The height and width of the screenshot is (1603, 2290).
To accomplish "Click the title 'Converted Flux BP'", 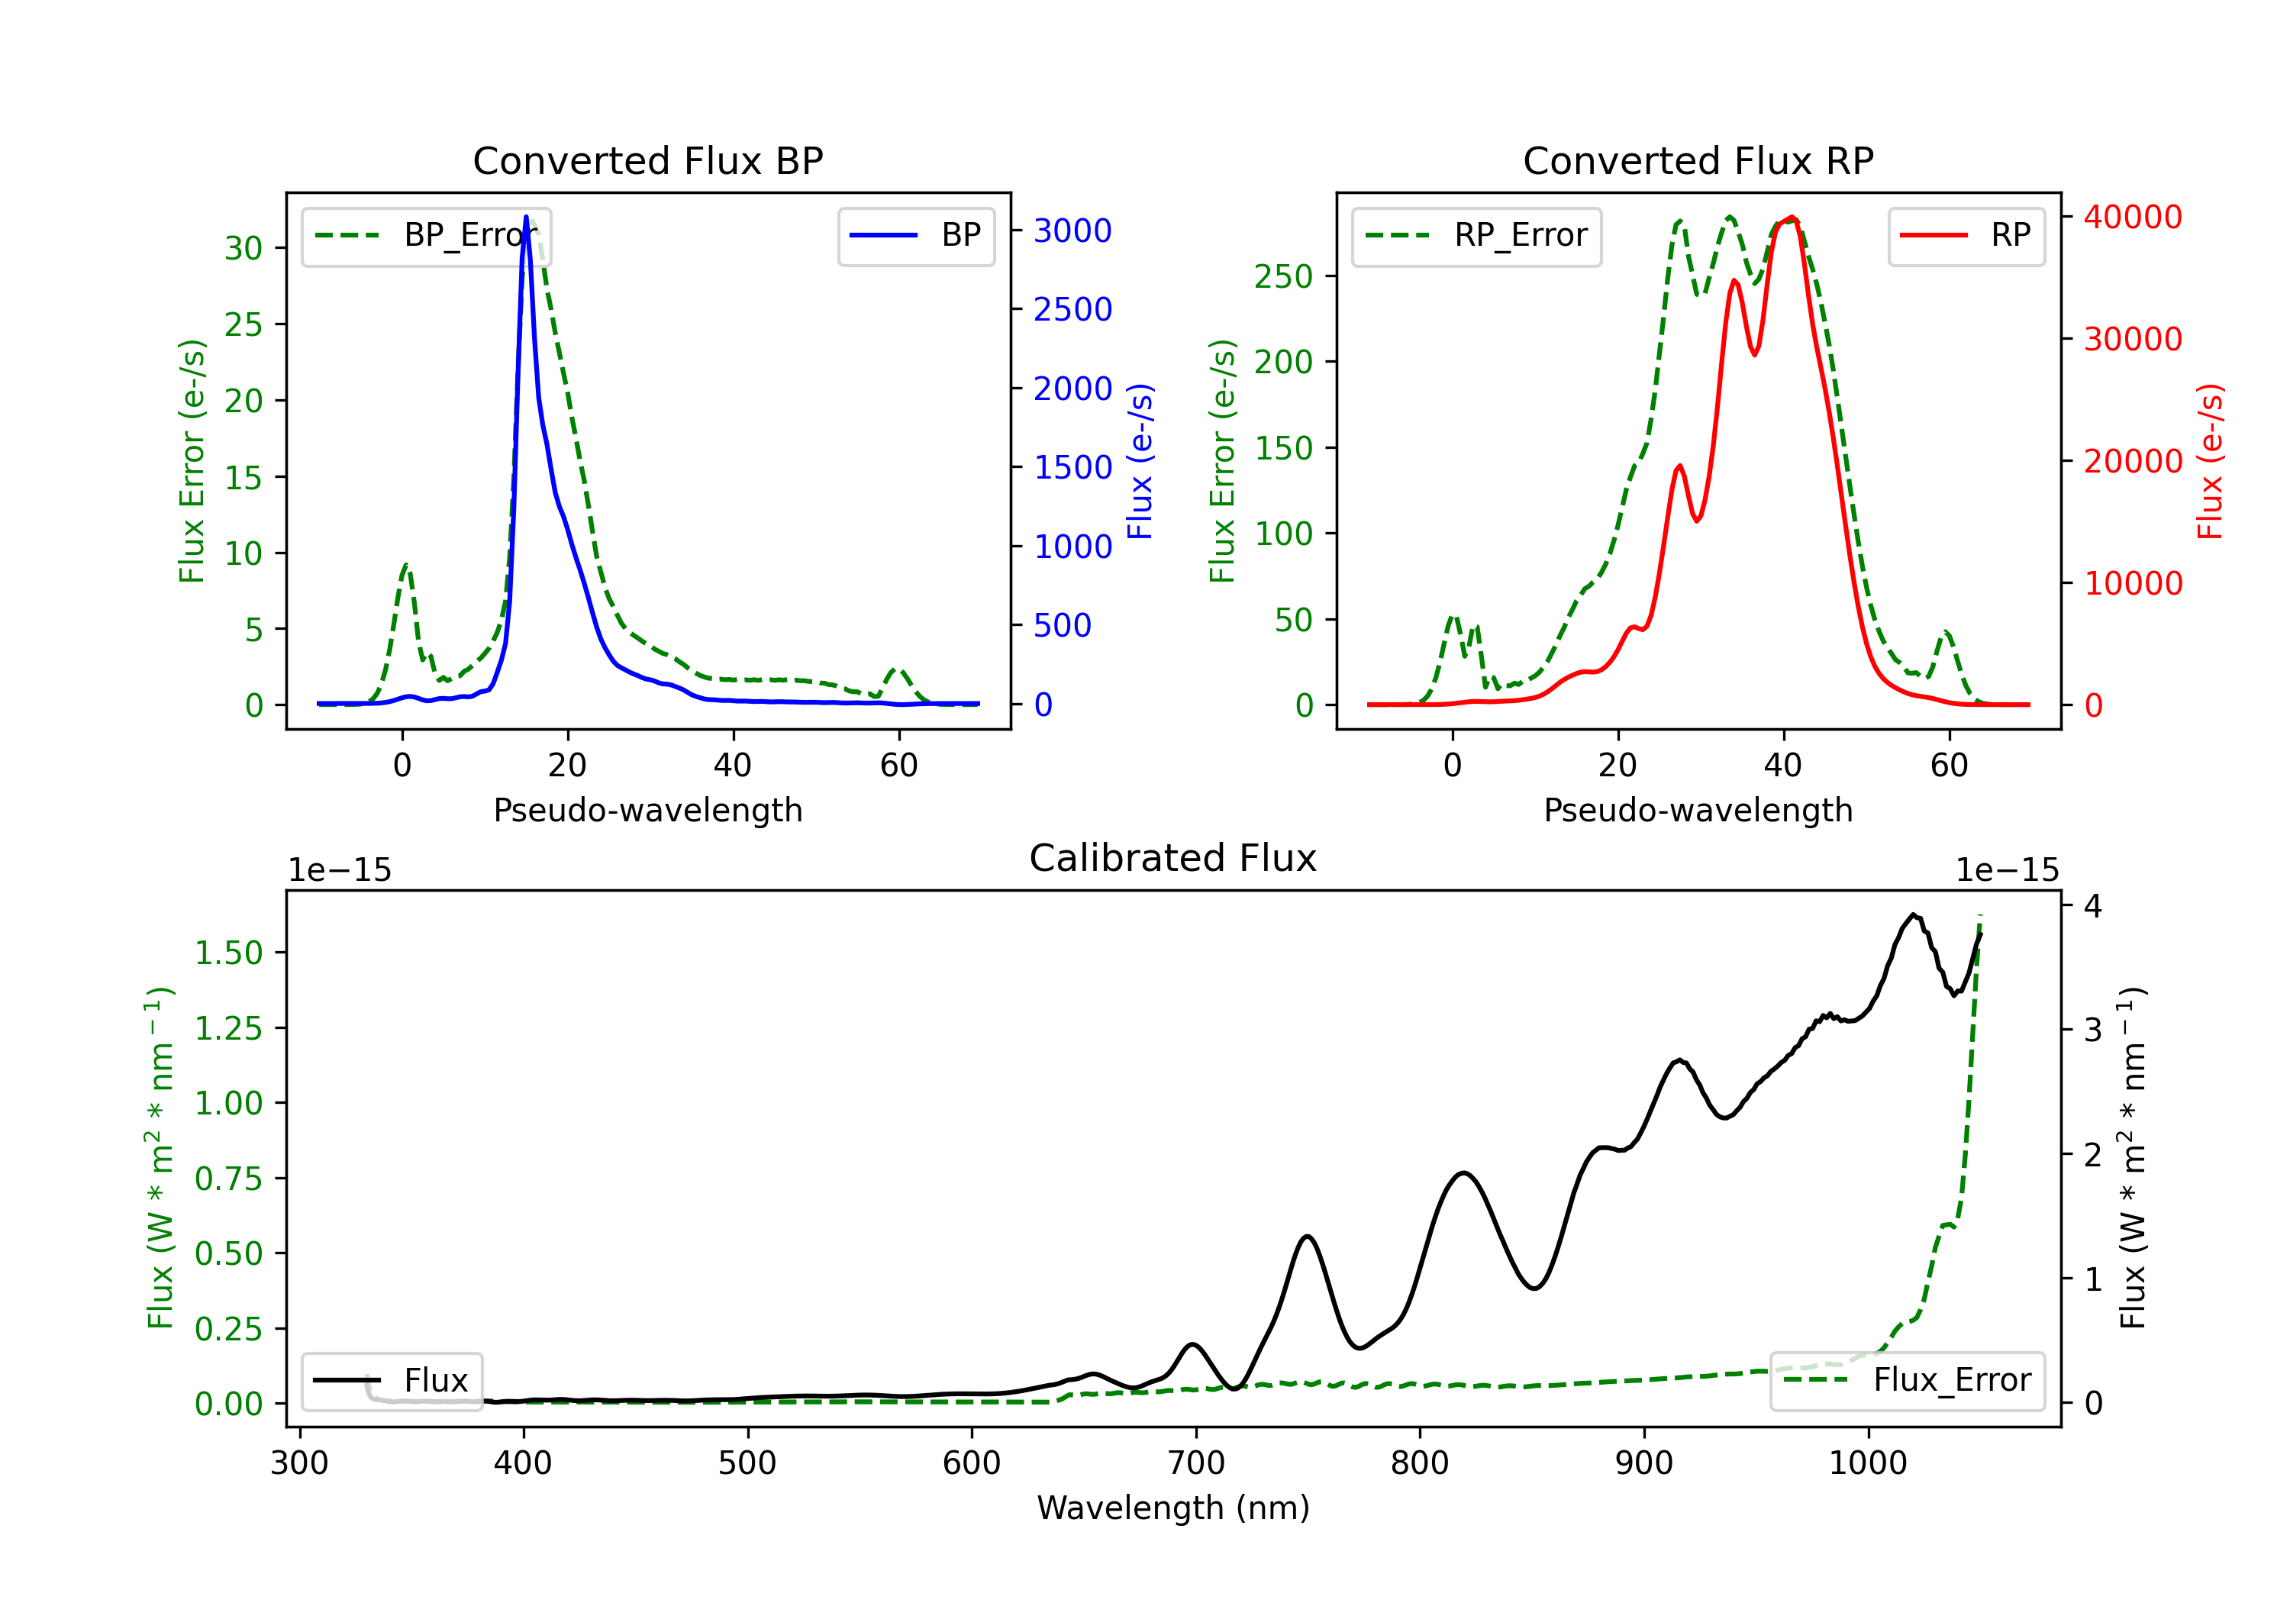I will (x=647, y=160).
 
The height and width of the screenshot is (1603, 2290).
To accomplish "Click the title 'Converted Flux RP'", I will (x=1698, y=160).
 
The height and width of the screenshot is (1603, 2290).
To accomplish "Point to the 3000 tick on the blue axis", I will (x=1072, y=231).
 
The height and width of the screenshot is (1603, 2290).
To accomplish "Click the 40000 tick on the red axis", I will (x=2133, y=217).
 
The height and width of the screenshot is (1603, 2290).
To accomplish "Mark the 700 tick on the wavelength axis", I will (x=1195, y=1463).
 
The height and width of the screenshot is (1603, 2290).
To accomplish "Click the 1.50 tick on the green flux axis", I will (x=228, y=953).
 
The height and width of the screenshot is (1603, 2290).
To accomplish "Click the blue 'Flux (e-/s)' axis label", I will (x=1139, y=462).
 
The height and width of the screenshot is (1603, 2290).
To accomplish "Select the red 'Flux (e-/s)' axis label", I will (x=2210, y=462).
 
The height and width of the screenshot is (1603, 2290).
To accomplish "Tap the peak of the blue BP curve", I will (x=526, y=218).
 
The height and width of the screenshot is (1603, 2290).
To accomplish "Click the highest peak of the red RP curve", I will (x=1792, y=218).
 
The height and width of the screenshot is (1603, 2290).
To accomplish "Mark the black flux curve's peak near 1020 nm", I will (x=1912, y=914).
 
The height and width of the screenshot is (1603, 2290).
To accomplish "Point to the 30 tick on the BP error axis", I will (x=244, y=248).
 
